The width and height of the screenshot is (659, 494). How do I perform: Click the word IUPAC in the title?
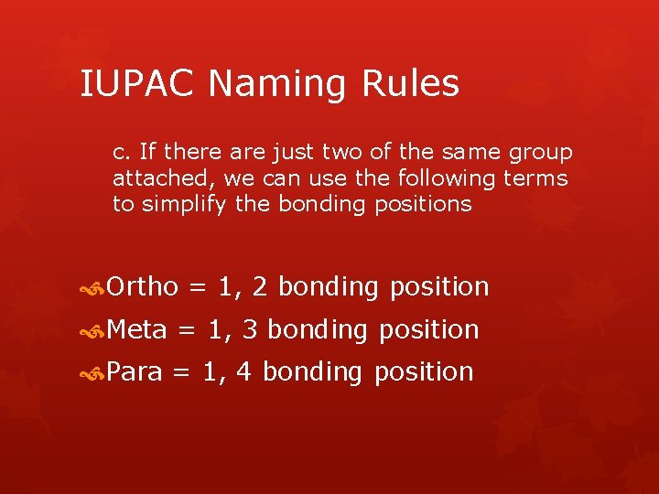tap(136, 84)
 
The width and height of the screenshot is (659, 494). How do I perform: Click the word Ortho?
tap(142, 287)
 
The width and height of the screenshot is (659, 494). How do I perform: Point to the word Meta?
tap(137, 329)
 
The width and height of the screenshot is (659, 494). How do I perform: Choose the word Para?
tap(135, 371)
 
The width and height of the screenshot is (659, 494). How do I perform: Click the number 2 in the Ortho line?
tap(259, 287)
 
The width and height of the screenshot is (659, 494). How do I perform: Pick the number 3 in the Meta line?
tap(248, 329)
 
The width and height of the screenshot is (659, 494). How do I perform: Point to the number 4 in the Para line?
tap(243, 371)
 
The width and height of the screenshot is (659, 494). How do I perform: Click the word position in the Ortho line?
tap(439, 287)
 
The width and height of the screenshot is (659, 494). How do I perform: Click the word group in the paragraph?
tap(542, 152)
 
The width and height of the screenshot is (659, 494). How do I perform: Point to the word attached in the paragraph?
tap(150, 177)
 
